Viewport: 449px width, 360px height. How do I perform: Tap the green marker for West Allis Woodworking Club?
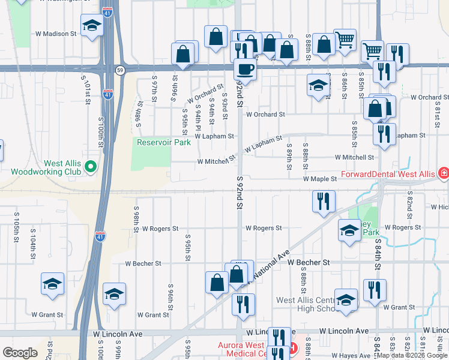(91, 166)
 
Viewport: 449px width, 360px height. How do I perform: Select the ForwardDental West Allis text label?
(388, 174)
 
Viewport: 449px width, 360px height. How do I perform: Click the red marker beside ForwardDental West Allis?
(443, 173)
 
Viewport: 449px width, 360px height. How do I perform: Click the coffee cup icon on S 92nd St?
(244, 70)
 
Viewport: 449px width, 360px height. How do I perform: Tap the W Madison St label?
(56, 34)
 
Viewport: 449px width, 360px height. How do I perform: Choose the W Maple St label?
(319, 179)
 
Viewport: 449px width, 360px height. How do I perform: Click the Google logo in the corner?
(20, 353)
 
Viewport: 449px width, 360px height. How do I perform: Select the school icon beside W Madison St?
(91, 26)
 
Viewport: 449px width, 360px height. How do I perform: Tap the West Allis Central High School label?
(304, 304)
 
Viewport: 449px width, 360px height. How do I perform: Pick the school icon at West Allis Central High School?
(346, 299)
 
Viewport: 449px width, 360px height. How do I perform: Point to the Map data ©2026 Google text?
(412, 356)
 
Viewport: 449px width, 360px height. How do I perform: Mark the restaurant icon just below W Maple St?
(324, 202)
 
